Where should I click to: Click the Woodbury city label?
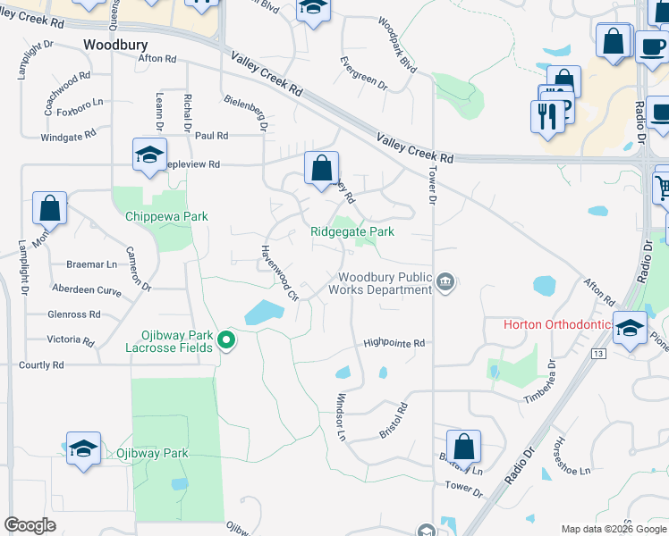[x=114, y=44]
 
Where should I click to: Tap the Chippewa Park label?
[x=166, y=216]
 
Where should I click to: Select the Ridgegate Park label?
[x=352, y=231]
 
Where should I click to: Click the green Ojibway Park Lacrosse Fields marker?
[x=227, y=339]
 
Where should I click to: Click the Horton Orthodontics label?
[x=558, y=323]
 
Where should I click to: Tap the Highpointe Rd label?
[x=394, y=342]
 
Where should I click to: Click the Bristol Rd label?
[x=394, y=420]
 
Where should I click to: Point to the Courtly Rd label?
[x=41, y=364]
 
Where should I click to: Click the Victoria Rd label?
[x=71, y=339]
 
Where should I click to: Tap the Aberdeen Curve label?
[x=87, y=291]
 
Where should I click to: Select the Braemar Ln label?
[x=91, y=264]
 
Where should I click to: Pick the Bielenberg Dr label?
[x=247, y=113]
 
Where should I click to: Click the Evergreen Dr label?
[x=363, y=73]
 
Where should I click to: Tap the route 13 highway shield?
[x=597, y=354]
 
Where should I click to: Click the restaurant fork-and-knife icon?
[x=546, y=115]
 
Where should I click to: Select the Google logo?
[x=30, y=525]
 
